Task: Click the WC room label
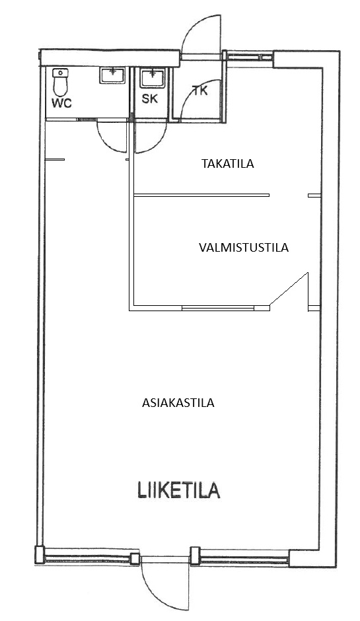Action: tap(62, 103)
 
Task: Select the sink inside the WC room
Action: tap(112, 75)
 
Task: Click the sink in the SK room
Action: tap(152, 78)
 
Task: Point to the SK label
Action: tap(150, 98)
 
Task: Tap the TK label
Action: tap(200, 91)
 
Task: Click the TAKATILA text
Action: tap(228, 164)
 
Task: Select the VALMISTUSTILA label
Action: tap(244, 248)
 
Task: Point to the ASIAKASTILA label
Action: tap(178, 403)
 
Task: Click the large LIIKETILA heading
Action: tap(178, 490)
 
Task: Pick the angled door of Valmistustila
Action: tap(289, 289)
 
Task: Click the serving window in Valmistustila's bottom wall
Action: tap(218, 308)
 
